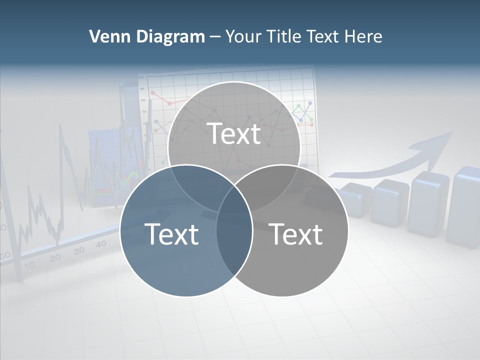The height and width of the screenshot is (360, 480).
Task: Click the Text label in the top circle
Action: tap(234, 133)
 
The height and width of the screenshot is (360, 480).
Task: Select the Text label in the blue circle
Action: tap(171, 233)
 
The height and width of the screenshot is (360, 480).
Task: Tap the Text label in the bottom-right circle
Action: tap(296, 233)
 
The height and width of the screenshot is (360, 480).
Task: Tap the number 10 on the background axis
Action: tap(29, 265)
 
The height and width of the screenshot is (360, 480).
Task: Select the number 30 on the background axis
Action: tap(79, 250)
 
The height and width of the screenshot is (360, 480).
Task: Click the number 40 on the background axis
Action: tap(101, 243)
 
